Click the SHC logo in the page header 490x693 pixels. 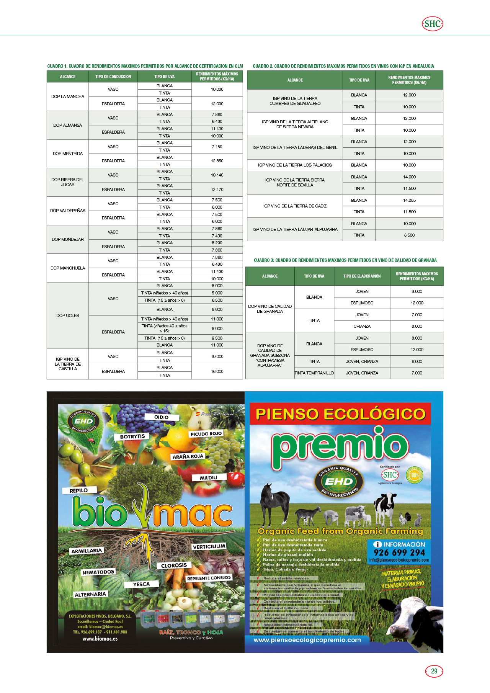tap(432, 24)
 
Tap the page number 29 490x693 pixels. tap(434, 671)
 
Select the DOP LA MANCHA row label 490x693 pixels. tap(68, 96)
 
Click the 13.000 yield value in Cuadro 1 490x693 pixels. tap(217, 104)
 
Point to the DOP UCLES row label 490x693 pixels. tap(68, 315)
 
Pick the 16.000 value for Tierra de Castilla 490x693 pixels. tap(217, 371)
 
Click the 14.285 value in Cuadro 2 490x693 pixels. tap(409, 200)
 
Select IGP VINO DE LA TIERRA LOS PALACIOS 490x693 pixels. tap(295, 165)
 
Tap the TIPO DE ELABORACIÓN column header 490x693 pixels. tap(362, 276)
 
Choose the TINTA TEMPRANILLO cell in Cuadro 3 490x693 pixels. tap(314, 373)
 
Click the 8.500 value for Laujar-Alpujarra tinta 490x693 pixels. tap(409, 235)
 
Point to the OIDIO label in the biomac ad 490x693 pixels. tap(162, 417)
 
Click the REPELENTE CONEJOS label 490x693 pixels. tap(209, 578)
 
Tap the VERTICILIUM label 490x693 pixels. tap(209, 547)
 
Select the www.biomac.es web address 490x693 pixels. tap(100, 639)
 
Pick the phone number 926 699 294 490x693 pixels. tap(399, 552)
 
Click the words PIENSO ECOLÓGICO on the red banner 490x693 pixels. tap(340, 414)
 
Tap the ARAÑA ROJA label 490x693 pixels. tap(188, 457)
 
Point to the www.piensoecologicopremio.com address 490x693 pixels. tap(307, 640)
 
